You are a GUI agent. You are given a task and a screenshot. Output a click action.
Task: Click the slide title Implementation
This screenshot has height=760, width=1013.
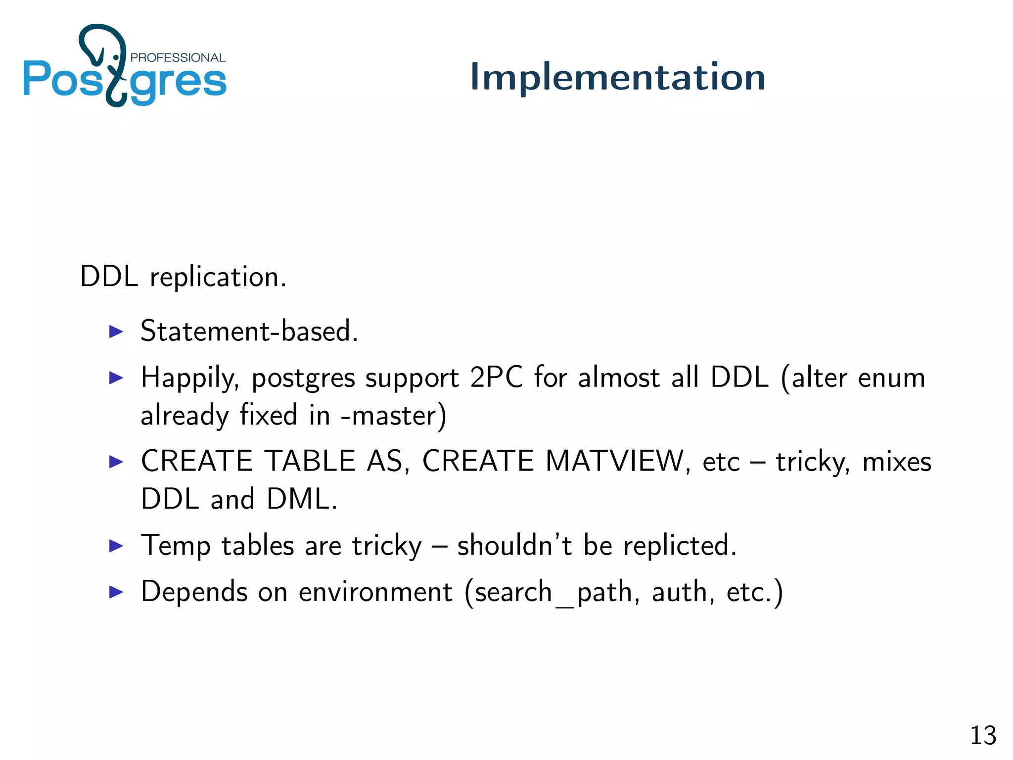pyautogui.click(x=617, y=77)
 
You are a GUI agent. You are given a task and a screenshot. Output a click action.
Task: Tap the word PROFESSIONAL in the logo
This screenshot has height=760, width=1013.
pyautogui.click(x=178, y=57)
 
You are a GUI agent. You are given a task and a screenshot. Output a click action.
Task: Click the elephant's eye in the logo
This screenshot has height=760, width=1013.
pyautogui.click(x=116, y=58)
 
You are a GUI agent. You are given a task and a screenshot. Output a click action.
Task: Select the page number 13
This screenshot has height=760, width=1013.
pyautogui.click(x=983, y=735)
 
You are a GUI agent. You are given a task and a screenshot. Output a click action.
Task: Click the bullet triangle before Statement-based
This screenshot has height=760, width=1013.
pyautogui.click(x=116, y=332)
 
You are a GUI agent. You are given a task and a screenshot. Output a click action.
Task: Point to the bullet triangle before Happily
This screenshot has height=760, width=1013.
pyautogui.click(x=116, y=378)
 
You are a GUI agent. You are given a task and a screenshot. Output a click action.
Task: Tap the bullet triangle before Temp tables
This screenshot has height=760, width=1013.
pyautogui.click(x=116, y=546)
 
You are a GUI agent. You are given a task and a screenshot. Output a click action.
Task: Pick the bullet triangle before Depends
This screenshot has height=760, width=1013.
pyautogui.click(x=116, y=592)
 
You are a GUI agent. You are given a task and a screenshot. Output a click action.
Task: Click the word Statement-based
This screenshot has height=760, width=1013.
pyautogui.click(x=249, y=331)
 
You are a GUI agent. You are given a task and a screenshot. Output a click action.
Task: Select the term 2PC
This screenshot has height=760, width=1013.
pyautogui.click(x=496, y=378)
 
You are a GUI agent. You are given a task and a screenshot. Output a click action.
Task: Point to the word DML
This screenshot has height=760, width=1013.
pyautogui.click(x=302, y=499)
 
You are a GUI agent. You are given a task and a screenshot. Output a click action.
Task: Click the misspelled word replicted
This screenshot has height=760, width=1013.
pyautogui.click(x=679, y=546)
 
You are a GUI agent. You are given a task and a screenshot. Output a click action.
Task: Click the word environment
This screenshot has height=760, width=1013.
pyautogui.click(x=375, y=592)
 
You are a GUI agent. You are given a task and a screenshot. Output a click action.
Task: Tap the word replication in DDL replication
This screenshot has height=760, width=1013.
pyautogui.click(x=218, y=277)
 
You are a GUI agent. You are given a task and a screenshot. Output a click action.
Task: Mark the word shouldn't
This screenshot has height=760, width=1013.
pyautogui.click(x=514, y=545)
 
